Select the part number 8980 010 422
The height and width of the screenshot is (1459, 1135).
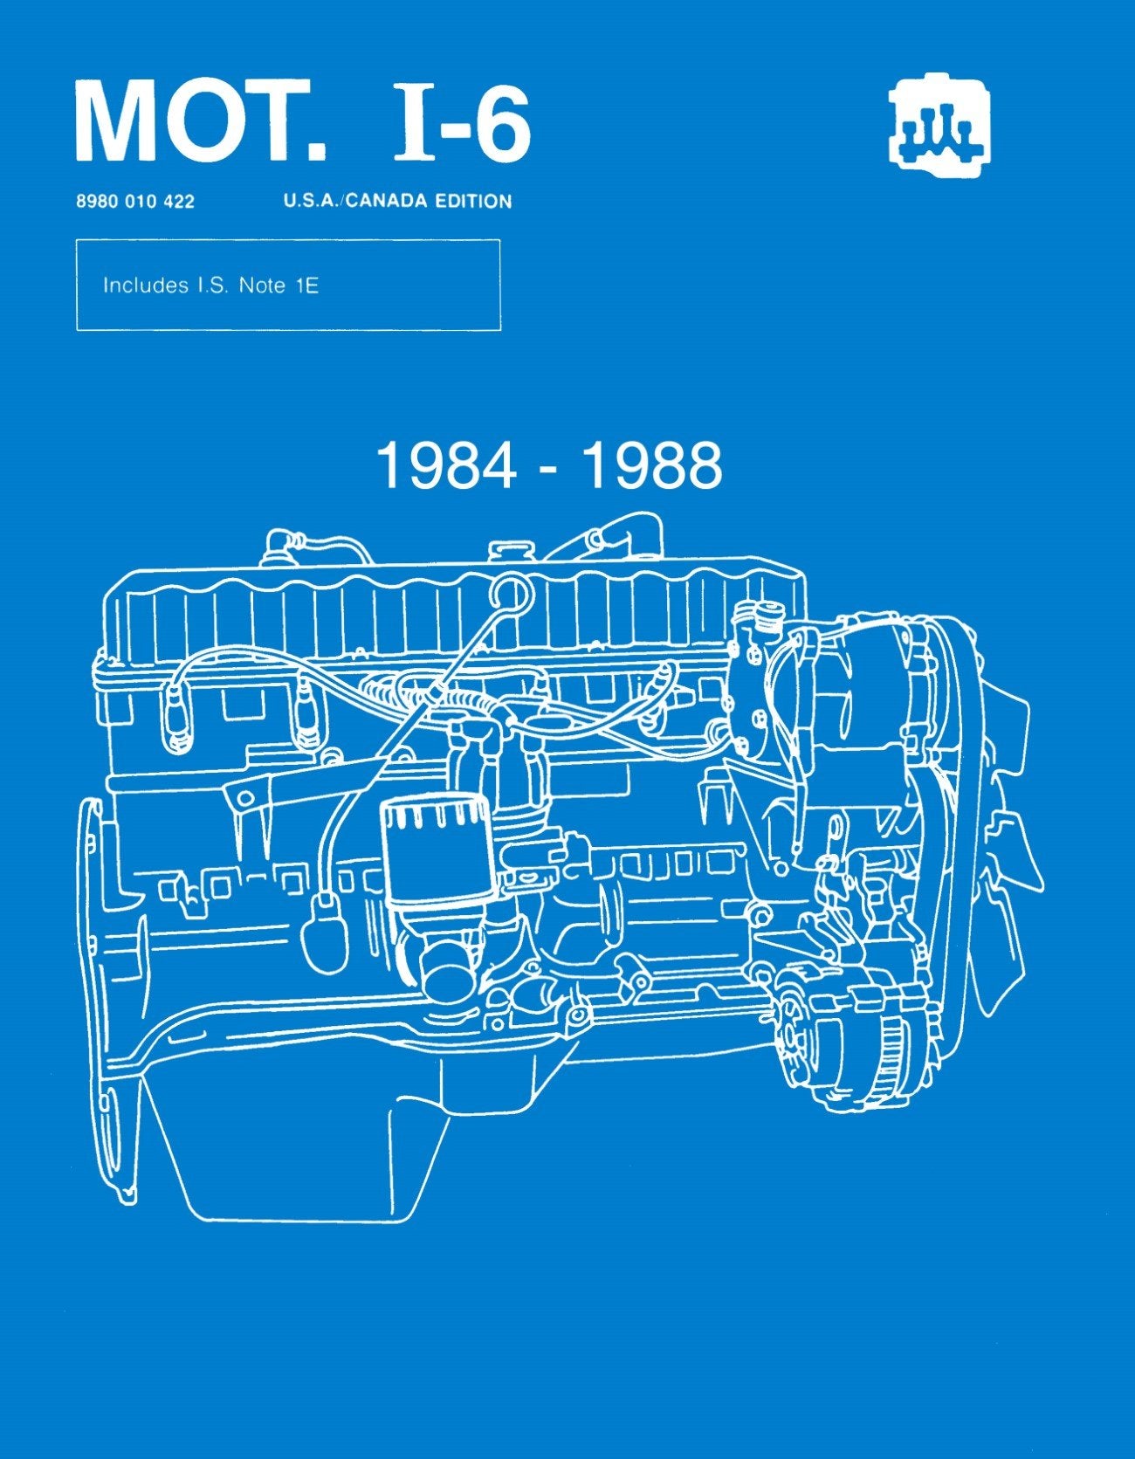[x=135, y=202]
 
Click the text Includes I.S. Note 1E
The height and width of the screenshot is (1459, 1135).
[x=210, y=286]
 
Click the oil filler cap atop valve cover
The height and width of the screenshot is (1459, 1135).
[x=504, y=554]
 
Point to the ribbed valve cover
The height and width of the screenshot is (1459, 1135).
[x=454, y=611]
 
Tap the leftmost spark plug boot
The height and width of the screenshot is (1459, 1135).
[x=175, y=716]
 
